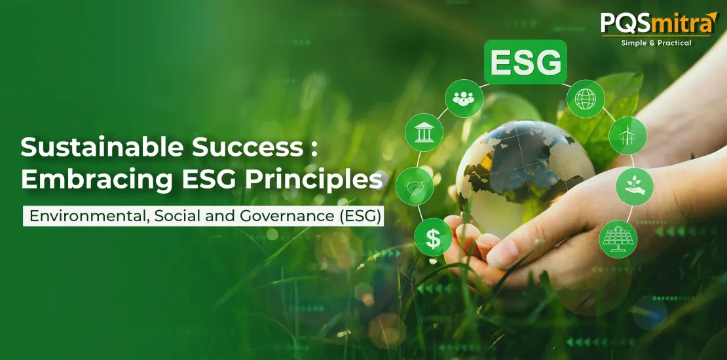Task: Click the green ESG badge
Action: [x=525, y=62]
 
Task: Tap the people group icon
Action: [x=464, y=98]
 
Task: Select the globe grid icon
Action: [x=586, y=99]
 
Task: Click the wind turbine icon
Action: [x=627, y=135]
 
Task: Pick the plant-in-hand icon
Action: [x=634, y=187]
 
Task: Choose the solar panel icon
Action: [x=618, y=239]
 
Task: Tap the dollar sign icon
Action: [x=433, y=237]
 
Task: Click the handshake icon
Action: [x=415, y=187]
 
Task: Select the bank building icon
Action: [x=424, y=132]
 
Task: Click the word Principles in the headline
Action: [x=314, y=181]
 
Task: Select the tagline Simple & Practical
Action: [x=656, y=43]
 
